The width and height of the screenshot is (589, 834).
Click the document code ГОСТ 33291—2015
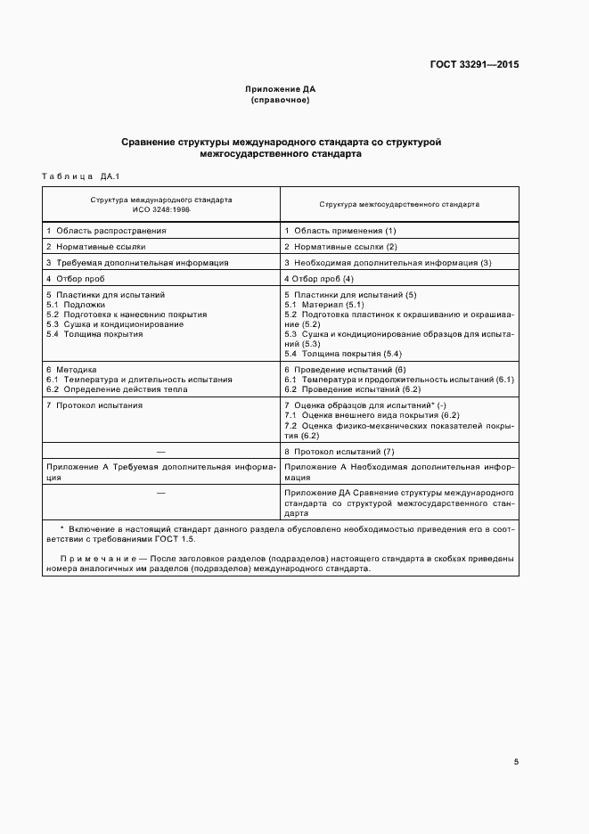pyautogui.click(x=475, y=64)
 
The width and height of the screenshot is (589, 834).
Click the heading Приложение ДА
pyautogui.click(x=281, y=90)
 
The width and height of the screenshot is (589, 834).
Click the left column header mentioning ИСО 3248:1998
pyautogui.click(x=160, y=204)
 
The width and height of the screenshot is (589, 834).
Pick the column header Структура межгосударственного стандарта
pyautogui.click(x=398, y=204)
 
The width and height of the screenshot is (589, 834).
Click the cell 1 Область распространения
pyautogui.click(x=106, y=230)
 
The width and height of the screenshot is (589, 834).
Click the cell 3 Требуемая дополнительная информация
pyautogui.click(x=137, y=262)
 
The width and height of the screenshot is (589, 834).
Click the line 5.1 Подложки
pyautogui.click(x=78, y=305)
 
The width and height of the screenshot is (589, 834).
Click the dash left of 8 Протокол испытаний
pyautogui.click(x=160, y=452)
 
